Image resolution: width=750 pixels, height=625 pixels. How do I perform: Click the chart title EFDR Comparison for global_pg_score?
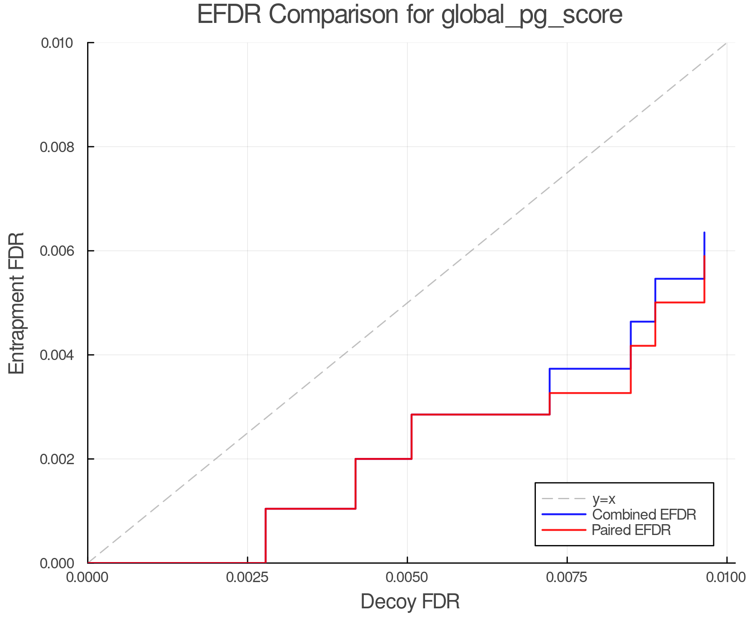410,15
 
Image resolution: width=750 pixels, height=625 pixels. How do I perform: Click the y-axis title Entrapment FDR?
17,303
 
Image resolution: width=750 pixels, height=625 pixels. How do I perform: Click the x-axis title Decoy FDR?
410,602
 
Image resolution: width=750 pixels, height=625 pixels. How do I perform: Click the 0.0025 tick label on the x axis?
247,577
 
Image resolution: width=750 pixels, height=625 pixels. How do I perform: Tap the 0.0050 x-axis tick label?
407,577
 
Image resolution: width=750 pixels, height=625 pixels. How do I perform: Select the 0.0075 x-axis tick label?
567,577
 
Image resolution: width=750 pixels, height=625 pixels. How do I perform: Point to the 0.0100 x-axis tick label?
727,577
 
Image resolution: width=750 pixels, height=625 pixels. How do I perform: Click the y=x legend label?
604,499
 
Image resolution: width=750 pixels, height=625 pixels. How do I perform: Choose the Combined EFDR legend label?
644,515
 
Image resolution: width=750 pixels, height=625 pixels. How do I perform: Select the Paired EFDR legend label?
631,530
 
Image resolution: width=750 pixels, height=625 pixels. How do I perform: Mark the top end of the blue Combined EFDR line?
704,232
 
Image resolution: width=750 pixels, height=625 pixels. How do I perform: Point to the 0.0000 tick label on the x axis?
88,577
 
